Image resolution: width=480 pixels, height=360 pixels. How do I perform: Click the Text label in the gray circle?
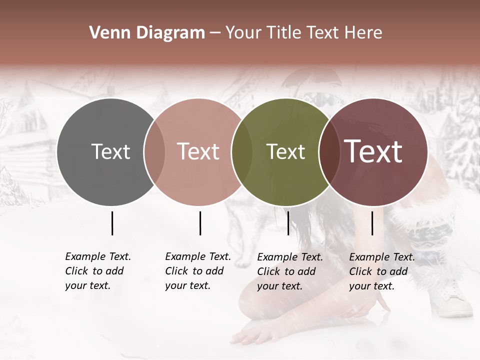pos(110,151)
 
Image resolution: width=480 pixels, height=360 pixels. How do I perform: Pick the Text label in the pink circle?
pos(198,151)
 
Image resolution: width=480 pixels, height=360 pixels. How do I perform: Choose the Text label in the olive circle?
pos(285,151)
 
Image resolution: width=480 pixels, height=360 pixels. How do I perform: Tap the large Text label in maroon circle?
pos(373,151)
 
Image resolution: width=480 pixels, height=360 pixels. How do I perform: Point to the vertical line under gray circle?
pos(112,223)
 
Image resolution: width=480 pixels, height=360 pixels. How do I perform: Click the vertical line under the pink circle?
pos(200,223)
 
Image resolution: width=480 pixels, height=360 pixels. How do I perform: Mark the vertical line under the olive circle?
pos(288,223)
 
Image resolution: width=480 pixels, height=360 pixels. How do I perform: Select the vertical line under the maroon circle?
pos(372,223)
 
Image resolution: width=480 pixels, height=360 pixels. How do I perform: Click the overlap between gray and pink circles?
pos(154,152)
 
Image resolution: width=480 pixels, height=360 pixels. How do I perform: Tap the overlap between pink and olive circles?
pos(242,152)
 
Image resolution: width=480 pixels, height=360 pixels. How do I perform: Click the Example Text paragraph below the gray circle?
pos(97,271)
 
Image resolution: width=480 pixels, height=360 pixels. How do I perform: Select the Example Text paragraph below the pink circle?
pos(197,271)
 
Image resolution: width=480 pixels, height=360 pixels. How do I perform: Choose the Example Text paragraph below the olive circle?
pos(289,271)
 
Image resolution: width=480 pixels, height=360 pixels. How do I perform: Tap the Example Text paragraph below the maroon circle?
pos(381,271)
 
